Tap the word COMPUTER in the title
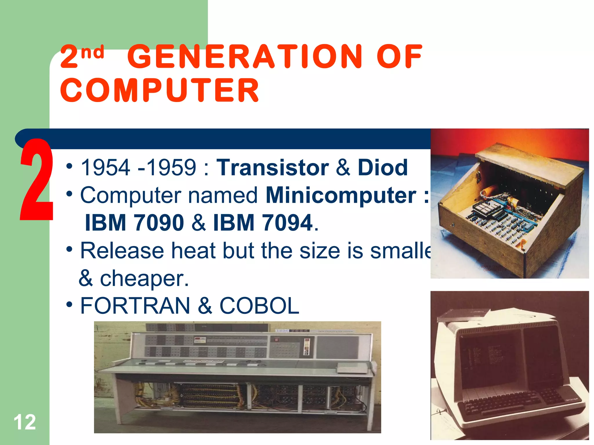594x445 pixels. tap(160, 90)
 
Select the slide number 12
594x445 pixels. tap(25, 422)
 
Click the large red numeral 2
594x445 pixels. tap(36, 180)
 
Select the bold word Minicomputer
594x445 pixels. tap(341, 195)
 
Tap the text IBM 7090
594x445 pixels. tap(134, 222)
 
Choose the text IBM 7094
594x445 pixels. tap(263, 222)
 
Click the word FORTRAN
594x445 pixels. tap(135, 306)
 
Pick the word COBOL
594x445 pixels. tap(259, 306)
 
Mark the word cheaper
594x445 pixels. tap(144, 278)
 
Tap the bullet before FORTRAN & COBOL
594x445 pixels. tap(69, 305)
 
